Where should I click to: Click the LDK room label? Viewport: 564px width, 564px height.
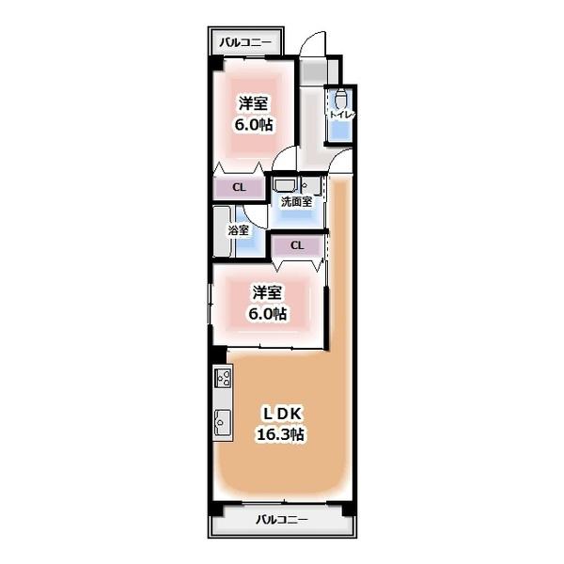pos(282,414)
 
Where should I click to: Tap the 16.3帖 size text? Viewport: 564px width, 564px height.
pos(280,434)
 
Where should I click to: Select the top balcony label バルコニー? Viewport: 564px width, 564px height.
pos(245,42)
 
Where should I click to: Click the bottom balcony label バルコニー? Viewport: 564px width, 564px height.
pos(282,520)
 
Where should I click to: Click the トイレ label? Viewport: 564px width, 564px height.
pos(342,115)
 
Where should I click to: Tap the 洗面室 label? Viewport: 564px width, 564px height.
pos(296,202)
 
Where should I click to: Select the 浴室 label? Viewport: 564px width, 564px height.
pos(238,230)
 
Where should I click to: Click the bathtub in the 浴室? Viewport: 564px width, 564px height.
pos(222,231)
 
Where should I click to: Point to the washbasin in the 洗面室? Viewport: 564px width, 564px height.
pos(285,185)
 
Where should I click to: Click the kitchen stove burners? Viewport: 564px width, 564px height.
pos(223,378)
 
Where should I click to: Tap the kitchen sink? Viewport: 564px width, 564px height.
pos(223,422)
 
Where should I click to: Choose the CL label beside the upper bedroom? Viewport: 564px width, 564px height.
pos(239,187)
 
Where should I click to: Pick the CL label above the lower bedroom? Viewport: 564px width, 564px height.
pos(297,245)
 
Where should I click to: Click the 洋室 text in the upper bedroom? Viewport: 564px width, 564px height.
pos(254,103)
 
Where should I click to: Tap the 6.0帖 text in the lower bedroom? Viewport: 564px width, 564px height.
pos(268,314)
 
